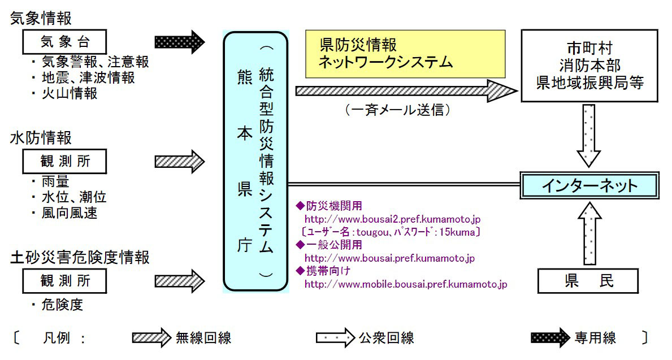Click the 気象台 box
point(64,42)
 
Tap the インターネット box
point(589,185)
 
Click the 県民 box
point(588,281)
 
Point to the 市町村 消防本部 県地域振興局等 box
point(590,65)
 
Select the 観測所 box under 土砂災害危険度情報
point(64,280)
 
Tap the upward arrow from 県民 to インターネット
point(589,233)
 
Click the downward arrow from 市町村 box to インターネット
point(589,136)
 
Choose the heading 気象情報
point(41,18)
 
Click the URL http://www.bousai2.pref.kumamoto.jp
point(392,219)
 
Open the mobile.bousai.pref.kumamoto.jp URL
point(405,284)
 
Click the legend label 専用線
point(595,339)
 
